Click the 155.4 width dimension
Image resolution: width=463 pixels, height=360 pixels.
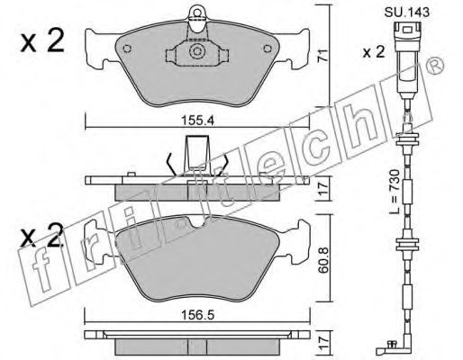click(197, 121)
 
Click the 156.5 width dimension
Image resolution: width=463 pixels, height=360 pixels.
click(197, 315)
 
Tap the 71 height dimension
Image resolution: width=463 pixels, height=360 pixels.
click(322, 56)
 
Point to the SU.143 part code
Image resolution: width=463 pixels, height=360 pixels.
click(407, 13)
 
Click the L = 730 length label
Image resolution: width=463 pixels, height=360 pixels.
click(395, 192)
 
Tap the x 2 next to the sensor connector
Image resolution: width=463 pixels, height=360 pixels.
click(374, 52)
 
